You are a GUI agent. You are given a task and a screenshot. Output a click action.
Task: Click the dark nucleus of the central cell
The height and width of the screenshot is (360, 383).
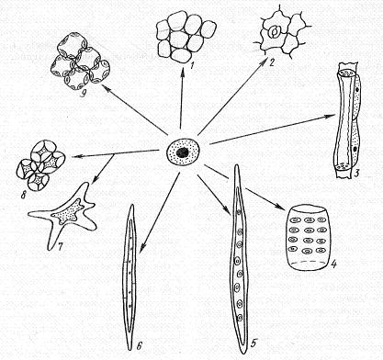(x=183, y=152)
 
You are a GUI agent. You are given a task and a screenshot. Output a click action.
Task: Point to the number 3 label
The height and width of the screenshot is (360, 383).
(x=356, y=174)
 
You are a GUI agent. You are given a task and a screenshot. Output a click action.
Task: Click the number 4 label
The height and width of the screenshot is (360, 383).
(x=333, y=264)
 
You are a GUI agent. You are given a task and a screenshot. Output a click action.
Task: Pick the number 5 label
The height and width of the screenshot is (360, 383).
(x=252, y=343)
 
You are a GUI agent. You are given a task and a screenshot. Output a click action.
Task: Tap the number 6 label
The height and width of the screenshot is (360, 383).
(x=139, y=345)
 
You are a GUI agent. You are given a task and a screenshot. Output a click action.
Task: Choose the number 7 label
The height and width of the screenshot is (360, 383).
(x=59, y=245)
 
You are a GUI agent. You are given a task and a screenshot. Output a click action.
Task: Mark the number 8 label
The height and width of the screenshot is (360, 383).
(x=23, y=195)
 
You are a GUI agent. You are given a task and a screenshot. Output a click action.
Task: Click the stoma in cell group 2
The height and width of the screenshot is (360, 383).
(x=274, y=32)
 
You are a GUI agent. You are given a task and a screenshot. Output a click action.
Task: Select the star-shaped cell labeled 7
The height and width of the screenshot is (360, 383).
(x=62, y=215)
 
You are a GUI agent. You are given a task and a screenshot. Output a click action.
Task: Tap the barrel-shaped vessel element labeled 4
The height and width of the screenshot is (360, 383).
(x=308, y=238)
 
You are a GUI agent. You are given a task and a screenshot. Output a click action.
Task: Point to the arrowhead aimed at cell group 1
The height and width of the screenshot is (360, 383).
(x=183, y=71)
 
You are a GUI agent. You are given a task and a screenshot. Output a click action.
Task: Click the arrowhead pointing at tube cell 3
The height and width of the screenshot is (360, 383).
(x=332, y=116)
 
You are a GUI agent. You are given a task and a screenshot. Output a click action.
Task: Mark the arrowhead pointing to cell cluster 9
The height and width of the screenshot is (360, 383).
(x=106, y=88)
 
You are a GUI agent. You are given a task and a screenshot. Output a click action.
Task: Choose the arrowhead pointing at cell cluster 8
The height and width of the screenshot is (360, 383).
(x=76, y=157)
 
